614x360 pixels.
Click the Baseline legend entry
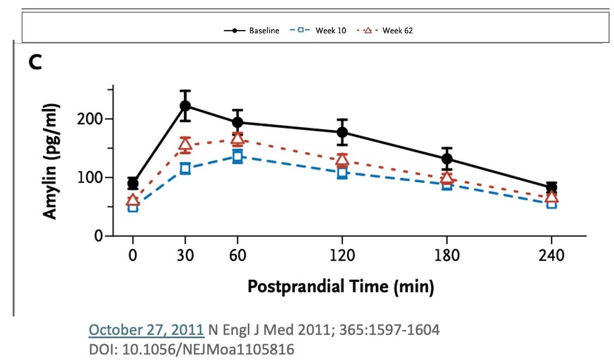point(252,31)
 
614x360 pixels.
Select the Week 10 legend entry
point(315,31)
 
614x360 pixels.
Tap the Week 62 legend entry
point(385,31)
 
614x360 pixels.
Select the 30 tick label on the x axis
point(185,255)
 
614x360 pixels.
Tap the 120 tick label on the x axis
point(342,255)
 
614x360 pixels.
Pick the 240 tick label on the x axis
point(552,255)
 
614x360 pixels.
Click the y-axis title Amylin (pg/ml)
point(50,161)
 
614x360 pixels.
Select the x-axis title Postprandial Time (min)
point(341,286)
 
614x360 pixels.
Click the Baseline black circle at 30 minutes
point(185,106)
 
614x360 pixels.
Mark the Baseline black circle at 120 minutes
point(342,132)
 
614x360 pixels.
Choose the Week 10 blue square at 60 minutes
point(237,157)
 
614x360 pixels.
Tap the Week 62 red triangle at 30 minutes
point(185,145)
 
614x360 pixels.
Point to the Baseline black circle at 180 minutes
point(447,159)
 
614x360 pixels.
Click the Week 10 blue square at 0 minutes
point(133,207)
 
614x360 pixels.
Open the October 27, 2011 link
point(146,330)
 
